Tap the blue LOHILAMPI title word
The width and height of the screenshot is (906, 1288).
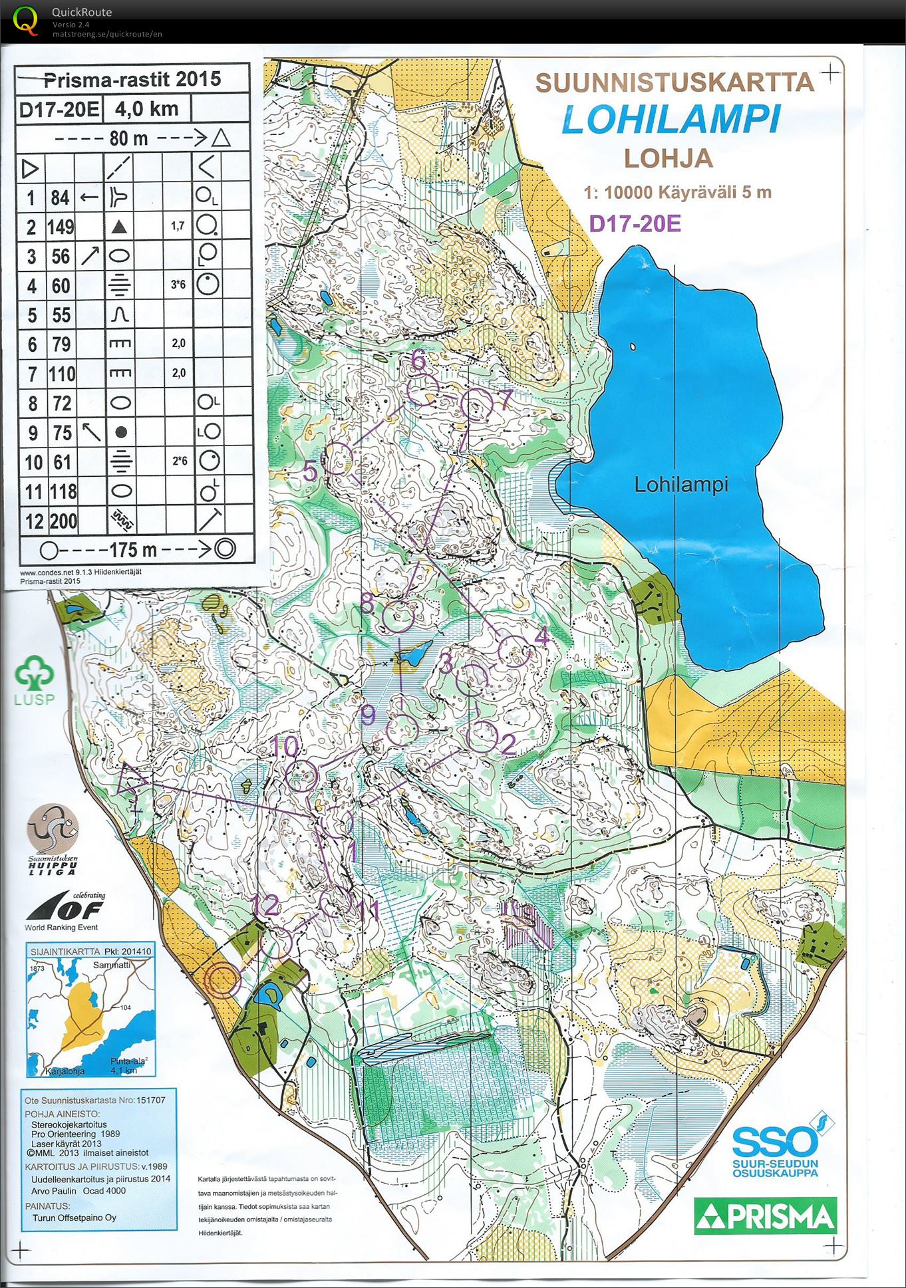[671, 120]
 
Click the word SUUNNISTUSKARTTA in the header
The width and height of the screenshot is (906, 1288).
[675, 83]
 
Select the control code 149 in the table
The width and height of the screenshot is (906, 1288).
[61, 227]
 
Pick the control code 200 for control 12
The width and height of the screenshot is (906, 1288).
[63, 521]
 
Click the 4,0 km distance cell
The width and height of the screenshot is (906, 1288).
[146, 108]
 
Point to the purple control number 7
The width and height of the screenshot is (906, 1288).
[506, 400]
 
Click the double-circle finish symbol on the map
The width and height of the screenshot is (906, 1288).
[222, 980]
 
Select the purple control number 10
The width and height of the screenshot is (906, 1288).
[286, 747]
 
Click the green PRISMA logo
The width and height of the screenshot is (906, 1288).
[765, 1216]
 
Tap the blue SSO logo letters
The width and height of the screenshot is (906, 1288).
[774, 1143]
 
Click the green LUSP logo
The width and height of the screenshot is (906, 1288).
[35, 680]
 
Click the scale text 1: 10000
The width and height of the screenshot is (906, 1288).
[619, 193]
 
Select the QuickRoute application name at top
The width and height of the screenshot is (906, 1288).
[82, 12]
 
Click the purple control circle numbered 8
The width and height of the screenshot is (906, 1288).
[398, 616]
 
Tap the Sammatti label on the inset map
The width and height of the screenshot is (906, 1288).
[112, 964]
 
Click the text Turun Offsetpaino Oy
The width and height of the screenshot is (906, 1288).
[74, 1218]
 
